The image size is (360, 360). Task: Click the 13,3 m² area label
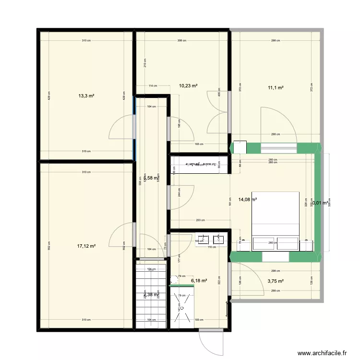pyautogui.click(x=86, y=96)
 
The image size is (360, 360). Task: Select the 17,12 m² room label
pyautogui.click(x=86, y=246)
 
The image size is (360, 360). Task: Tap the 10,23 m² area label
pyautogui.click(x=189, y=86)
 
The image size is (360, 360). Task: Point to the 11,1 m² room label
pyautogui.click(x=276, y=87)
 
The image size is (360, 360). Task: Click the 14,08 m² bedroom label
pyautogui.click(x=247, y=200)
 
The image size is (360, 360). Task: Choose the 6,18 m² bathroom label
pyautogui.click(x=199, y=281)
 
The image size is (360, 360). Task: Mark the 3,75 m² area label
pyautogui.click(x=276, y=282)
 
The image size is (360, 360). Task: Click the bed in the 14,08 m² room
pyautogui.click(x=276, y=221)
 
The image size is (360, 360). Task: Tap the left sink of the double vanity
pyautogui.click(x=204, y=239)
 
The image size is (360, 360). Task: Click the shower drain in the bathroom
pyautogui.click(x=181, y=308)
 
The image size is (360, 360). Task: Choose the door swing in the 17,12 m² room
pyautogui.click(x=121, y=235)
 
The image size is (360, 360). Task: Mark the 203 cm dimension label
pyautogui.click(x=200, y=220)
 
